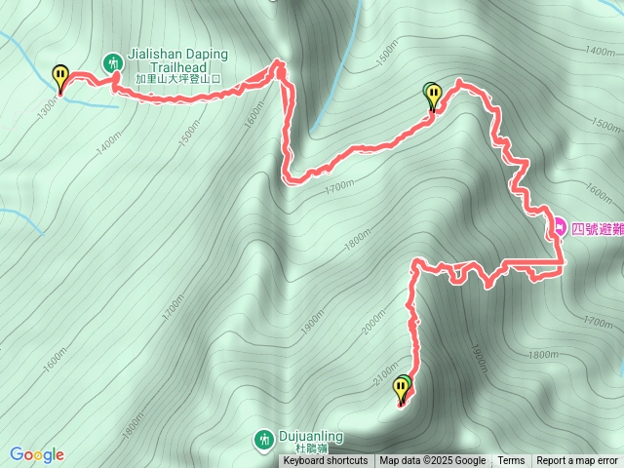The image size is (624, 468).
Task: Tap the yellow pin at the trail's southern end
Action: (401, 391)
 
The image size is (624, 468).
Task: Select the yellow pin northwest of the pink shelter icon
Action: (432, 97)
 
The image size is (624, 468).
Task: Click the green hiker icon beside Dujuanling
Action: (263, 442)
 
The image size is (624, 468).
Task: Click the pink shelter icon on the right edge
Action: (560, 230)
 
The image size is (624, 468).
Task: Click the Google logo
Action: (37, 454)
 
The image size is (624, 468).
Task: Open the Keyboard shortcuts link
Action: (326, 461)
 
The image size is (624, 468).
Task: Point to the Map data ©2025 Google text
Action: (432, 461)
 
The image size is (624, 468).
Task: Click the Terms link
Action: (511, 461)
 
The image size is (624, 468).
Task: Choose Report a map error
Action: (579, 461)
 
